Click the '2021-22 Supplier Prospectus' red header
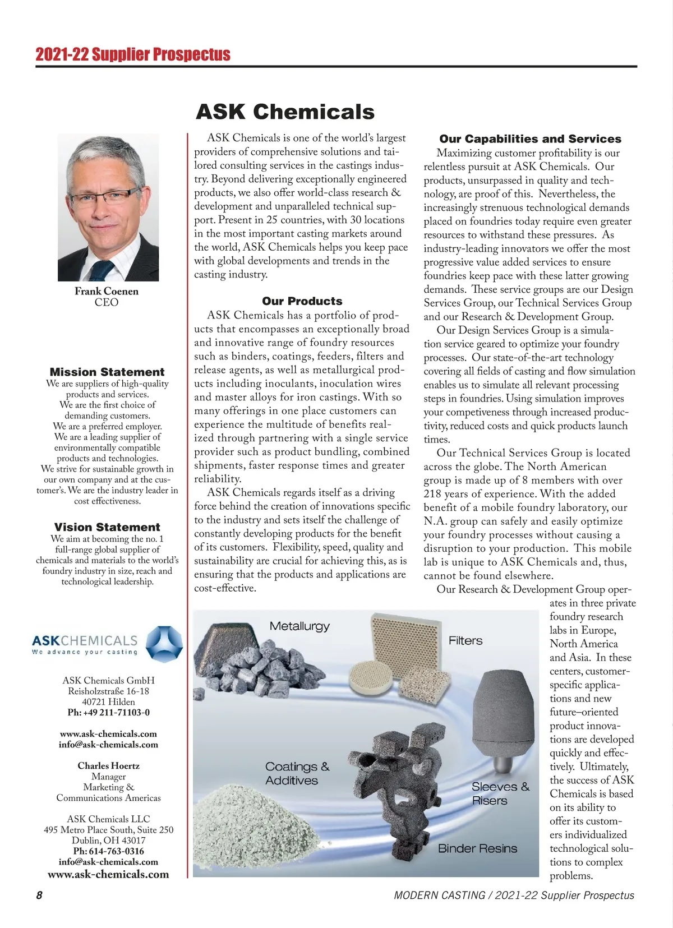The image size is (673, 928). pyautogui.click(x=133, y=54)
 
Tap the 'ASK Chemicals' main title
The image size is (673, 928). pyautogui.click(x=285, y=112)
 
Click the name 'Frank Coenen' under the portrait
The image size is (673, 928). pyautogui.click(x=107, y=291)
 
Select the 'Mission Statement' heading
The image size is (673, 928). pyautogui.click(x=107, y=372)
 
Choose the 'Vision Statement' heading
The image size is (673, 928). pyautogui.click(x=107, y=527)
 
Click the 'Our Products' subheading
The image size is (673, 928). pyautogui.click(x=302, y=301)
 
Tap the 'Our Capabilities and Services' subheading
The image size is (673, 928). pyautogui.click(x=530, y=139)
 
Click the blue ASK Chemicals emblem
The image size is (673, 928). pyautogui.click(x=164, y=644)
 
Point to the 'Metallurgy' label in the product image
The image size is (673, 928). pyautogui.click(x=299, y=626)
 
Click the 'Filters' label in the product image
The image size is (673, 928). pyautogui.click(x=465, y=640)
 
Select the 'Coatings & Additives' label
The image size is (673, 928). pyautogui.click(x=297, y=773)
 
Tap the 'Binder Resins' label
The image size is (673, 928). pyautogui.click(x=477, y=848)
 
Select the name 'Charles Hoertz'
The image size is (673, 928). pyautogui.click(x=108, y=766)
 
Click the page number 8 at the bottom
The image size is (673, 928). pyautogui.click(x=39, y=895)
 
